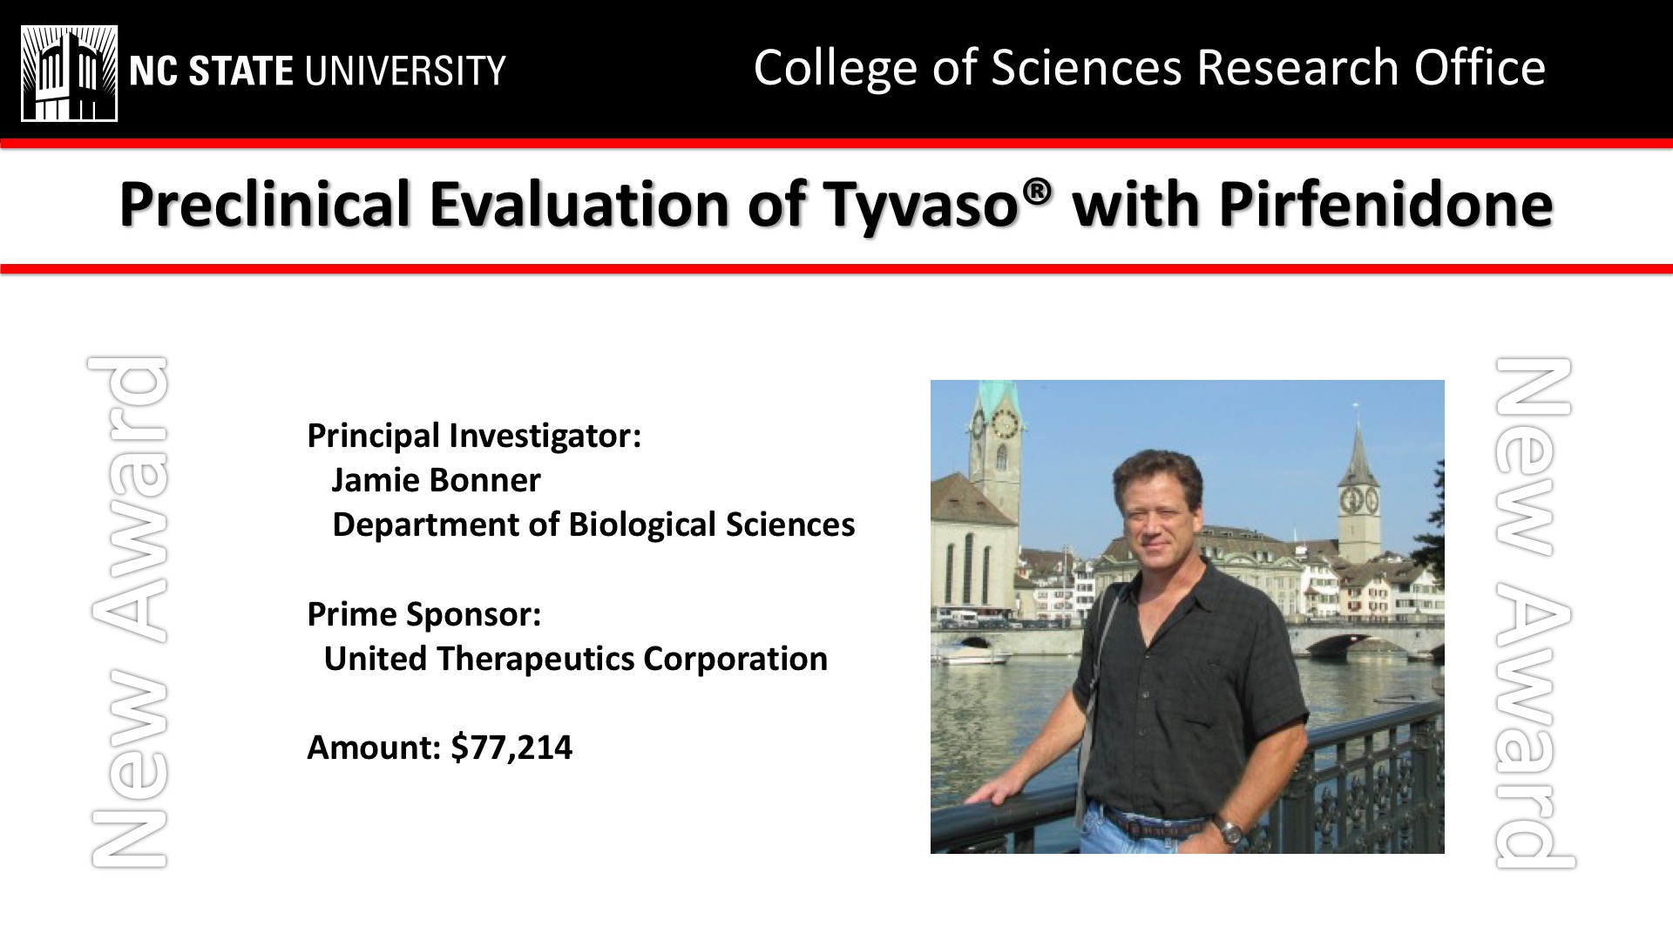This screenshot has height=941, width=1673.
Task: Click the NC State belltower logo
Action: coord(69,73)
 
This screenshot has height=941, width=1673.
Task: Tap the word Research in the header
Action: coord(1297,68)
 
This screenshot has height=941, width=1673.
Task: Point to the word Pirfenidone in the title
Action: coord(1385,203)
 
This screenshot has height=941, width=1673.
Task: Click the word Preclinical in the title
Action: coord(265,203)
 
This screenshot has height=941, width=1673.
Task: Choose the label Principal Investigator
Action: coord(474,436)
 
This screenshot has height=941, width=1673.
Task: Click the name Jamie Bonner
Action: coord(436,480)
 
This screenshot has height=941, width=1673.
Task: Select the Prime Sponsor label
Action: coord(423,615)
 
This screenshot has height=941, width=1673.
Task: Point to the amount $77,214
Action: coord(511,748)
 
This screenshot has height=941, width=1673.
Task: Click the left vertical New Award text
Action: coord(128,613)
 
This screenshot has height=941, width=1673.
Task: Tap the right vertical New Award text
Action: coord(1534,613)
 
